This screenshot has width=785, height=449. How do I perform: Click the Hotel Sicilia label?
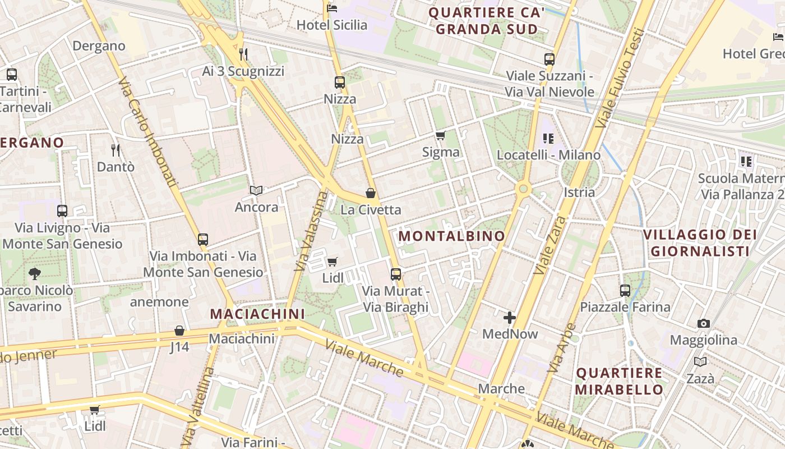[332, 25]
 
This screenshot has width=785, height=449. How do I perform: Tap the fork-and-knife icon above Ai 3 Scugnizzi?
[243, 54]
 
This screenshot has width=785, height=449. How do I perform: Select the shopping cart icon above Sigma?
[441, 135]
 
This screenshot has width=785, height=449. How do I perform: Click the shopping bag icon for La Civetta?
[371, 193]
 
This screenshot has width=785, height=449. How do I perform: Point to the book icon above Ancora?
[256, 191]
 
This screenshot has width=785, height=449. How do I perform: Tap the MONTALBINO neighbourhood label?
[452, 236]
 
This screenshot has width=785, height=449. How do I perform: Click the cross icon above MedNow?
[510, 318]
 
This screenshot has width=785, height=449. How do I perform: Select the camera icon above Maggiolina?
[704, 323]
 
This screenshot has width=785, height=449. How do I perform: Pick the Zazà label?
[700, 378]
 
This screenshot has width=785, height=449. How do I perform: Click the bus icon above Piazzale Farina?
[625, 291]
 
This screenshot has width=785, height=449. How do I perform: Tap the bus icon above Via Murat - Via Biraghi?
[396, 274]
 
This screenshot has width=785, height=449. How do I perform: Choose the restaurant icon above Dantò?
[116, 150]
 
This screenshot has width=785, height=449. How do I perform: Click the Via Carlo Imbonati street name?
[148, 132]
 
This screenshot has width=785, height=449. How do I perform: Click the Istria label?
[579, 192]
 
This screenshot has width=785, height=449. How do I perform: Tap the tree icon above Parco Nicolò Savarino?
[35, 274]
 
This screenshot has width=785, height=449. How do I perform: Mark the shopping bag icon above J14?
[179, 331]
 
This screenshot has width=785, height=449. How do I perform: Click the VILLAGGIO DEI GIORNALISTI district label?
[700, 242]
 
